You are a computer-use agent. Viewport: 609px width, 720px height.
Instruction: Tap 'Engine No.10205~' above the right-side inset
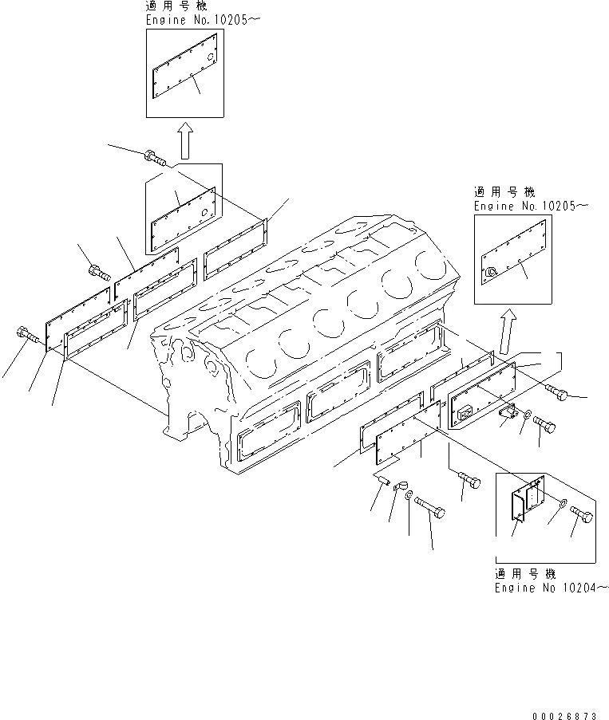[530, 206]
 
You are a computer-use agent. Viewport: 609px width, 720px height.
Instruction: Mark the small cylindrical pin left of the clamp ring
[382, 479]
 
